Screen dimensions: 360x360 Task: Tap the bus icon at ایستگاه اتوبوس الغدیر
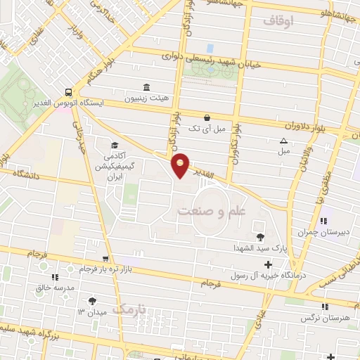(x=67, y=92)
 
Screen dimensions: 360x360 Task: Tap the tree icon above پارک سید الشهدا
(x=261, y=237)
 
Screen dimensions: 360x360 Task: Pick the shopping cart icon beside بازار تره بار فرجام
(x=105, y=259)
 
